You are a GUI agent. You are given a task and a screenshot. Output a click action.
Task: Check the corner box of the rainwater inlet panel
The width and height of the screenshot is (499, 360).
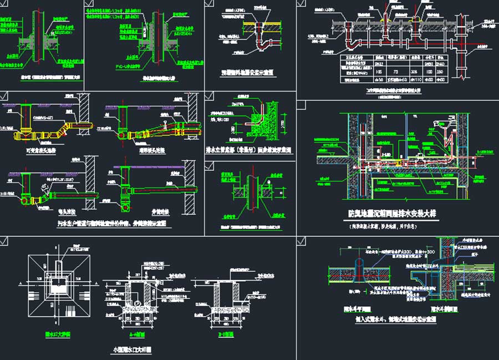pos(5,240)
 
